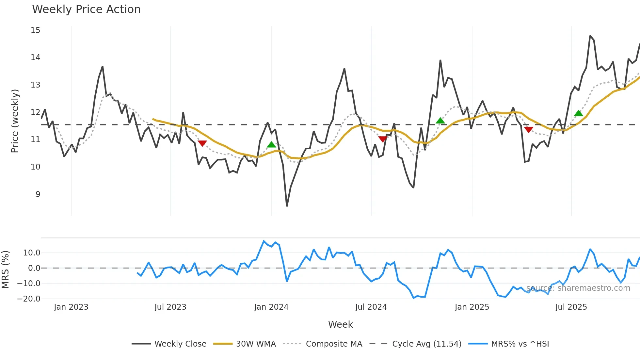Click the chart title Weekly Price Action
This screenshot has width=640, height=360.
(86, 9)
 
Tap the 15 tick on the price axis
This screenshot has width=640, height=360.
(36, 30)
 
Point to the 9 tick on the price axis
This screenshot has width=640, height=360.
(38, 194)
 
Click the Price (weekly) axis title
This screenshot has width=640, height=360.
(15, 121)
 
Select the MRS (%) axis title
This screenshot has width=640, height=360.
(5, 270)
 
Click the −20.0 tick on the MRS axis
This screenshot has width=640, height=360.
(29, 299)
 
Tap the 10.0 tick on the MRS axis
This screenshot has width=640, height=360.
(32, 253)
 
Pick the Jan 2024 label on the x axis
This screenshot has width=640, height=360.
(271, 307)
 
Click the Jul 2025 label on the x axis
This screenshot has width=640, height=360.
(571, 307)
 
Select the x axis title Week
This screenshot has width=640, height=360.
(340, 324)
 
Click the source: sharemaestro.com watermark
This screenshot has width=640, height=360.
(578, 288)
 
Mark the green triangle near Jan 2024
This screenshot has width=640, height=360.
(271, 145)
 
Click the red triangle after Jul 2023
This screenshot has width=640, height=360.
(202, 143)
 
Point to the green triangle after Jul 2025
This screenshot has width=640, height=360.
(579, 113)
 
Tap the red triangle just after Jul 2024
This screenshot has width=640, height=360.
(383, 139)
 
